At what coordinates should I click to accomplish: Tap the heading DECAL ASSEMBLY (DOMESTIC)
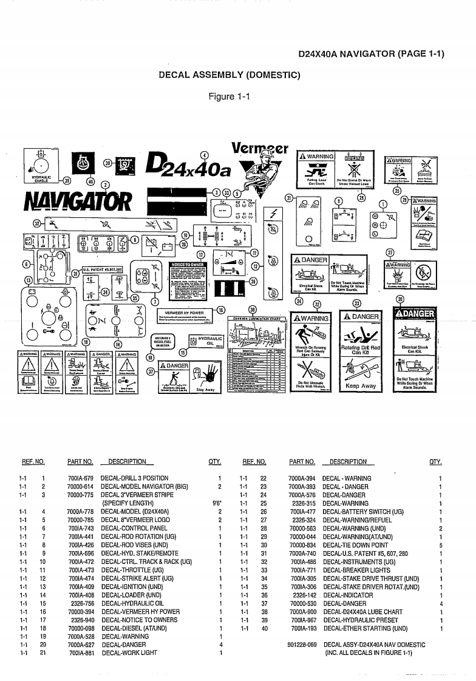coord(229,75)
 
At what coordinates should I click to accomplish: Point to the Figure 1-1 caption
coord(229,97)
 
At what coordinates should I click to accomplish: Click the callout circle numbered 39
coord(67,180)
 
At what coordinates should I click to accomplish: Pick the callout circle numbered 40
coord(91,181)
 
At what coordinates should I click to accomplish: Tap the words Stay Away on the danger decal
coord(206,390)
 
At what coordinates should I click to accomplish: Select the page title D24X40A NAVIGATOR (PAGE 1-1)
coord(371,54)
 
